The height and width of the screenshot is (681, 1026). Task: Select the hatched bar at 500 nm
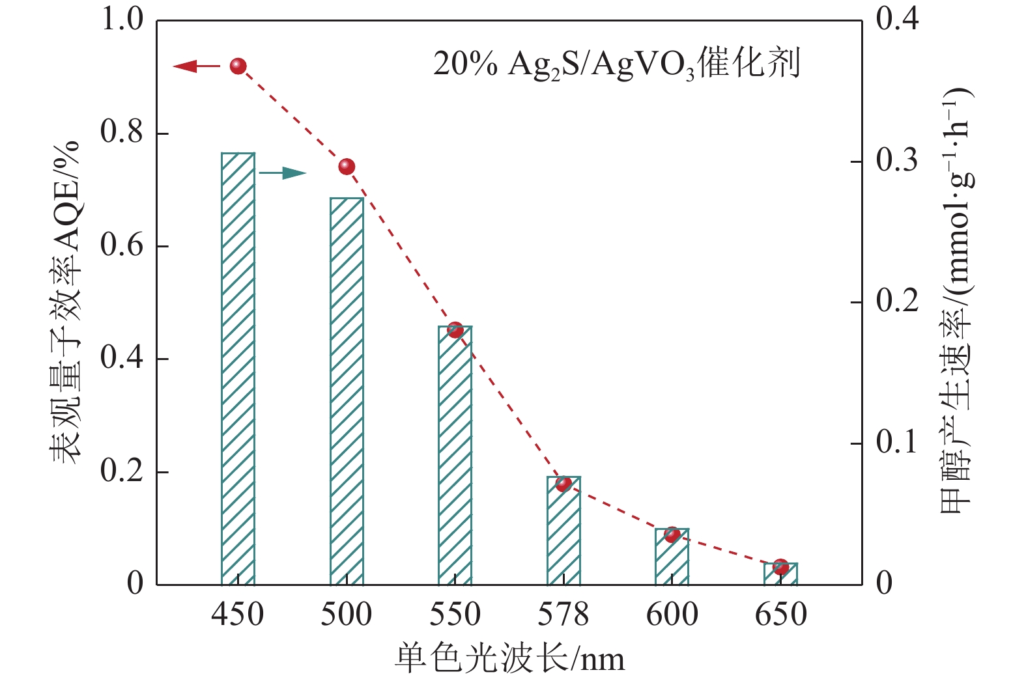click(347, 391)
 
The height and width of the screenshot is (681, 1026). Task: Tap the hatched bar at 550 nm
click(455, 456)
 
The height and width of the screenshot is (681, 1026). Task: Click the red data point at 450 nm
click(238, 66)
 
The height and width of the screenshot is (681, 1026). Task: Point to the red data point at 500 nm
click(347, 167)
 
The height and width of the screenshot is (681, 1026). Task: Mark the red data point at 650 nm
click(780, 567)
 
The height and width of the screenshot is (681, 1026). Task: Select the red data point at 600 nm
click(672, 535)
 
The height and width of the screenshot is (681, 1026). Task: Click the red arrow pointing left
click(195, 66)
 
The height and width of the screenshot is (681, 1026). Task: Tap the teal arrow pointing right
click(283, 173)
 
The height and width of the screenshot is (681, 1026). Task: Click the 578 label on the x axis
click(563, 614)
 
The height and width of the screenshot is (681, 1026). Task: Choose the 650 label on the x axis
click(780, 614)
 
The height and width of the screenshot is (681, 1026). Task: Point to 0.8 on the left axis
click(122, 132)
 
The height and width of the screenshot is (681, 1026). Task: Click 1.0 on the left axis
click(122, 19)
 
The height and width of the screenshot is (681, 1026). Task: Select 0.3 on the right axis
click(897, 160)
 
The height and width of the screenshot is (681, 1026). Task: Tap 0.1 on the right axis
click(897, 443)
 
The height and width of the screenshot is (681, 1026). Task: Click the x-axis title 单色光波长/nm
click(509, 659)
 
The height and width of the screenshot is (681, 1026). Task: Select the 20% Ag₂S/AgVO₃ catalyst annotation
click(616, 64)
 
